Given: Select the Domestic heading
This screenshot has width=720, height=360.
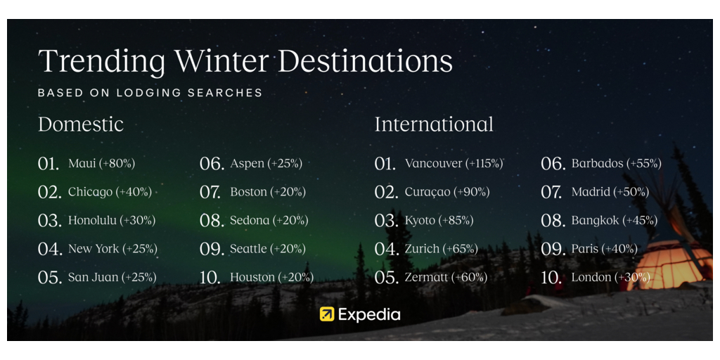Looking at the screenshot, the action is pyautogui.click(x=81, y=124).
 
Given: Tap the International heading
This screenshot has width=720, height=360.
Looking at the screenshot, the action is pyautogui.click(x=434, y=124).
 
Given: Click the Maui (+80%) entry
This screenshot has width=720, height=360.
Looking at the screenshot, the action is pyautogui.click(x=101, y=163).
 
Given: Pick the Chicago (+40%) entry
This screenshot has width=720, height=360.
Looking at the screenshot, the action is pyautogui.click(x=110, y=192).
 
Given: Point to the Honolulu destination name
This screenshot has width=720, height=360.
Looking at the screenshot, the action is pyautogui.click(x=93, y=220).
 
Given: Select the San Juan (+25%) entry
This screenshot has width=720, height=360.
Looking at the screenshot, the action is pyautogui.click(x=112, y=277).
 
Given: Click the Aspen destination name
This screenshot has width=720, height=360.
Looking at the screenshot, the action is pyautogui.click(x=247, y=164).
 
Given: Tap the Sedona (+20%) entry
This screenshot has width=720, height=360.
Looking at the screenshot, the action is pyautogui.click(x=269, y=220).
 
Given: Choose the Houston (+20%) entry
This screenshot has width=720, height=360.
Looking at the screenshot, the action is pyautogui.click(x=272, y=277).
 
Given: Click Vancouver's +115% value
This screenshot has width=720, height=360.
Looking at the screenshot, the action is pyautogui.click(x=484, y=163).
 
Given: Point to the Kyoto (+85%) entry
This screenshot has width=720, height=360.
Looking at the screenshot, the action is pyautogui.click(x=439, y=220).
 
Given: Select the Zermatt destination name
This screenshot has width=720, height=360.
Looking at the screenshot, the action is pyautogui.click(x=425, y=277).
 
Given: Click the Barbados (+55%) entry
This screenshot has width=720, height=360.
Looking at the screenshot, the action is pyautogui.click(x=616, y=163).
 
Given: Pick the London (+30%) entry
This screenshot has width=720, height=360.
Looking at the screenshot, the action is pyautogui.click(x=611, y=277).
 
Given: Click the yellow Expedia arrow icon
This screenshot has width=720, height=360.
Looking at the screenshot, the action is pyautogui.click(x=327, y=314).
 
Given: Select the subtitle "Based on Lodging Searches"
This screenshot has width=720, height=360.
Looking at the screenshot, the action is pyautogui.click(x=150, y=93).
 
